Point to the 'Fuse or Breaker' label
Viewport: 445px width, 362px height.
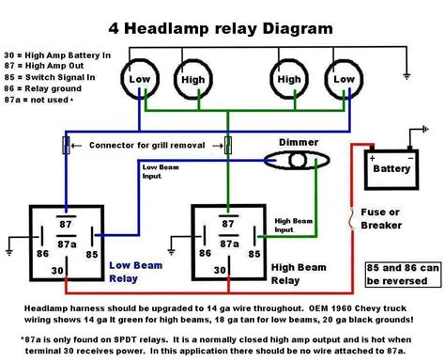[x=380, y=219]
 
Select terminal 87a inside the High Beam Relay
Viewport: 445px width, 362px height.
[x=225, y=244]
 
